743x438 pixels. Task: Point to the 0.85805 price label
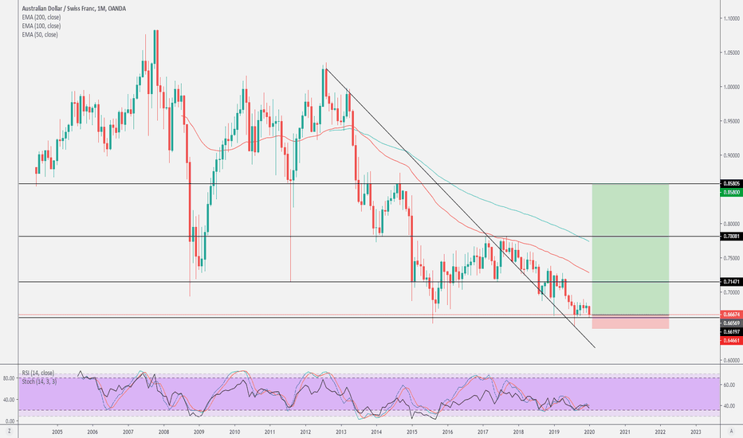tap(731, 184)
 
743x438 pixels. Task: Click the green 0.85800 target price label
tap(731, 192)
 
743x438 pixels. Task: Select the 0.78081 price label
tap(731, 236)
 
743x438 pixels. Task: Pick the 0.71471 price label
tap(731, 282)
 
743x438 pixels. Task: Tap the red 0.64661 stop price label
tap(731, 340)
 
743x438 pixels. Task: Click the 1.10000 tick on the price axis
tap(731, 18)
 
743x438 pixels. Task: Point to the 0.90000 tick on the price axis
tap(731, 155)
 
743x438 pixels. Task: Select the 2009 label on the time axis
tap(199, 431)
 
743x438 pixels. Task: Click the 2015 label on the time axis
tap(412, 431)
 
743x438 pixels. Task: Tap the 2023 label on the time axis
tap(696, 431)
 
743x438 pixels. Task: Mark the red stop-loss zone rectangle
tap(630, 322)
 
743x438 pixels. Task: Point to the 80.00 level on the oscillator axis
tap(10, 377)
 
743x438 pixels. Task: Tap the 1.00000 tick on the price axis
tap(731, 86)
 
